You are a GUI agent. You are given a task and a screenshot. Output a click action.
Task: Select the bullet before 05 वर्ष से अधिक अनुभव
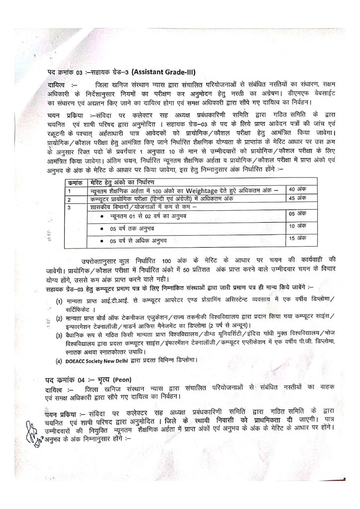tap(102, 241)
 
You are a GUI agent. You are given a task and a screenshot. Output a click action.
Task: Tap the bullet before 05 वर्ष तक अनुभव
tap(102, 228)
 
